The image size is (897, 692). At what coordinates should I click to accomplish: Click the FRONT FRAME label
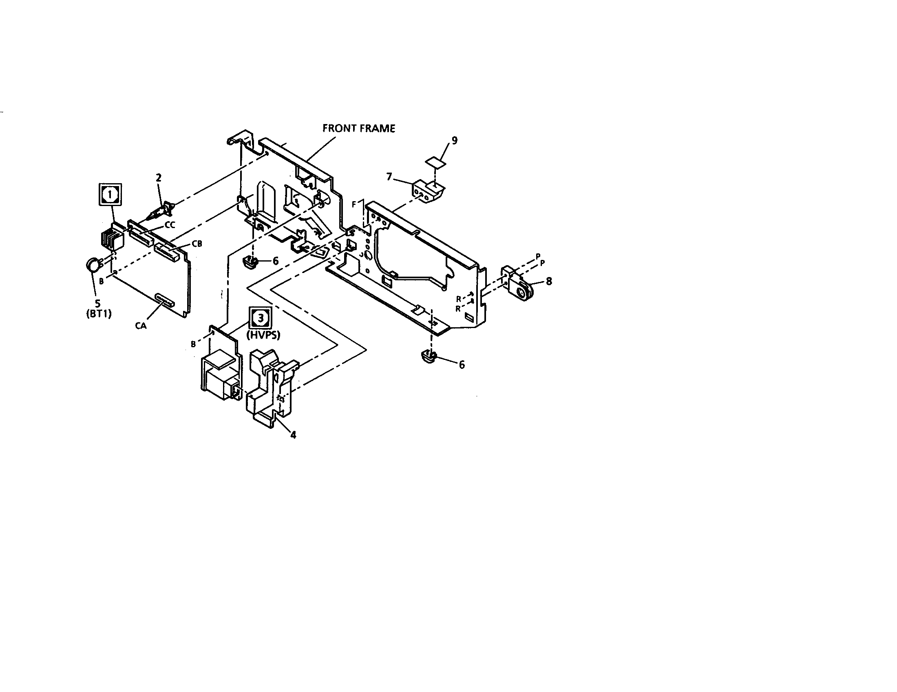pyautogui.click(x=358, y=129)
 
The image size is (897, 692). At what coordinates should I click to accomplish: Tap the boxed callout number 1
pyautogui.click(x=110, y=194)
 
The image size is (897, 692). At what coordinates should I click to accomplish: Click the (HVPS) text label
pyautogui.click(x=263, y=335)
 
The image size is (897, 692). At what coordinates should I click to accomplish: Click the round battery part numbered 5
pyautogui.click(x=93, y=264)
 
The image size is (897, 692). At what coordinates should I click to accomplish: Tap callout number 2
pyautogui.click(x=159, y=177)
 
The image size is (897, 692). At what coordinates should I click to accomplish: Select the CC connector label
pyautogui.click(x=170, y=225)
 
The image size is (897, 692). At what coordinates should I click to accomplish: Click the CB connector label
pyautogui.click(x=197, y=244)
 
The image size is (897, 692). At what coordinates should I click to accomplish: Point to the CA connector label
pyautogui.click(x=141, y=327)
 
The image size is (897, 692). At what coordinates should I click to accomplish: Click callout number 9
pyautogui.click(x=454, y=140)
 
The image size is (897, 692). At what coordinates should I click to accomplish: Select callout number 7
pyautogui.click(x=389, y=177)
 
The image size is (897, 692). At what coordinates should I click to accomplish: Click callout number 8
pyautogui.click(x=549, y=281)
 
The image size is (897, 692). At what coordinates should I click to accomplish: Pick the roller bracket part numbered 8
pyautogui.click(x=517, y=284)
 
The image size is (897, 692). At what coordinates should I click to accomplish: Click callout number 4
pyautogui.click(x=293, y=435)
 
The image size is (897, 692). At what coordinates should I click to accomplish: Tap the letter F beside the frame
pyautogui.click(x=354, y=204)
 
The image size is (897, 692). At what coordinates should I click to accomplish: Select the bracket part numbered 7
pyautogui.click(x=428, y=193)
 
